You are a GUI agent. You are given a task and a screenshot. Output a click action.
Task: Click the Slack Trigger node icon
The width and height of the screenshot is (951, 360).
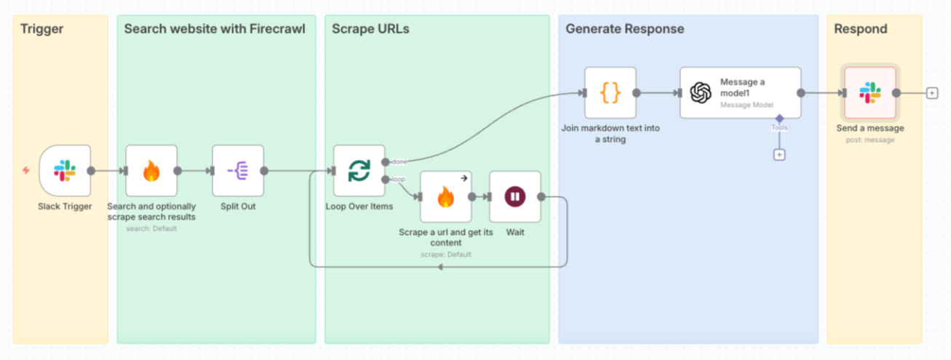[x=65, y=171]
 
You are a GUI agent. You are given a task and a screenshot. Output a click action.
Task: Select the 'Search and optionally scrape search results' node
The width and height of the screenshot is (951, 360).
[x=151, y=171]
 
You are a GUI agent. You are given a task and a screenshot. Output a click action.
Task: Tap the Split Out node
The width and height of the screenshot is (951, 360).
[x=238, y=171]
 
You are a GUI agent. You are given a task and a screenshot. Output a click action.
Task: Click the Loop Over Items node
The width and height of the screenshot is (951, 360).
[x=359, y=171]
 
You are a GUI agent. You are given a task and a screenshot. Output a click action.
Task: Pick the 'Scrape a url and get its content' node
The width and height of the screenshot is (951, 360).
[x=445, y=197]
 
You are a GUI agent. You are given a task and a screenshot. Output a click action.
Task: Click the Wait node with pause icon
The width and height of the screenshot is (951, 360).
[x=515, y=197]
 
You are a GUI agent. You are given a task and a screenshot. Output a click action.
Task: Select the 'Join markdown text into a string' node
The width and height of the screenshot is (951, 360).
[x=610, y=93]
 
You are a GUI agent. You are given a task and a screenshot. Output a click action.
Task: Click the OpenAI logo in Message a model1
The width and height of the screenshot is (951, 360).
[x=701, y=93]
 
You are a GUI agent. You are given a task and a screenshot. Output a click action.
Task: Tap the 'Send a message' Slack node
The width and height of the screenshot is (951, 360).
[x=870, y=93]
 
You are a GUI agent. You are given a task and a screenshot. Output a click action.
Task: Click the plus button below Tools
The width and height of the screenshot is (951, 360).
[x=779, y=155]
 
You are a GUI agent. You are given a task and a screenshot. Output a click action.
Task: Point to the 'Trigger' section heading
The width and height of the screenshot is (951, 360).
[x=42, y=30]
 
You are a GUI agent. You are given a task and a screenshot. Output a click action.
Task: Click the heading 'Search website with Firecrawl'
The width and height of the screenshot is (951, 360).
[x=215, y=30]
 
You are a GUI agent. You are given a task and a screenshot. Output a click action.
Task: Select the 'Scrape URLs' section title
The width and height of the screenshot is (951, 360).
[x=370, y=30]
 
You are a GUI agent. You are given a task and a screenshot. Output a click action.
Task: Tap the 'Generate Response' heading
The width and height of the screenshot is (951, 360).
[x=625, y=30]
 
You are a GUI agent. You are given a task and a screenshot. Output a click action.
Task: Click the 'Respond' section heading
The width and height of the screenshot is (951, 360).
[x=861, y=30]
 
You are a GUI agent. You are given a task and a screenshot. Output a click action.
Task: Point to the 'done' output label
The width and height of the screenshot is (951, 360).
[x=399, y=161]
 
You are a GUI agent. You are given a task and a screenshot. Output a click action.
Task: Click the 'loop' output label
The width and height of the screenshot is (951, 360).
[x=399, y=179]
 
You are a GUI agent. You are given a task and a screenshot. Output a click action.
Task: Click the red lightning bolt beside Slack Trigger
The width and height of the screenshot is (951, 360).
[x=26, y=171]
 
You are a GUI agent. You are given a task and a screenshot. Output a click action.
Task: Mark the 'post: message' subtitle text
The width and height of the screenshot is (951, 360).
[x=870, y=140]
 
